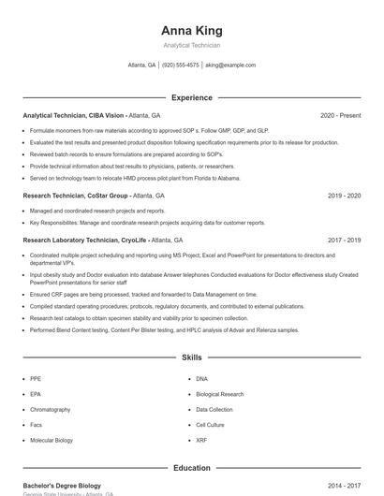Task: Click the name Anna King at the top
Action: (x=191, y=31)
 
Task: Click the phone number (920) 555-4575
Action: (x=181, y=66)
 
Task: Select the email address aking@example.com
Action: (x=230, y=66)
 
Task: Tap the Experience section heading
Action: (x=191, y=97)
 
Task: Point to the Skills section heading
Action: (x=191, y=357)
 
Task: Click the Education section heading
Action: (x=191, y=468)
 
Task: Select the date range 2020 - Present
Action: (x=340, y=115)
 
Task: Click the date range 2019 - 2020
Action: (x=344, y=196)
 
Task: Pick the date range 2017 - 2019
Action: (x=344, y=240)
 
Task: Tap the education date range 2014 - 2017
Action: (x=344, y=487)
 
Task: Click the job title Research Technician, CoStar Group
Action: (x=75, y=196)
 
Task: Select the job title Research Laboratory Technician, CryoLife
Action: (x=84, y=240)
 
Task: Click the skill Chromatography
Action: (x=51, y=409)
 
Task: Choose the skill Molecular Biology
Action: (x=52, y=440)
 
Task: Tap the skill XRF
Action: (x=201, y=440)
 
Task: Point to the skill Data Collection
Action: (x=214, y=409)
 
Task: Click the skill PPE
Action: (x=36, y=379)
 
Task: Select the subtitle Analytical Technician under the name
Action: (x=191, y=45)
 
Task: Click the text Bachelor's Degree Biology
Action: (x=62, y=487)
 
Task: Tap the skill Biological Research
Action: (x=219, y=394)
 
